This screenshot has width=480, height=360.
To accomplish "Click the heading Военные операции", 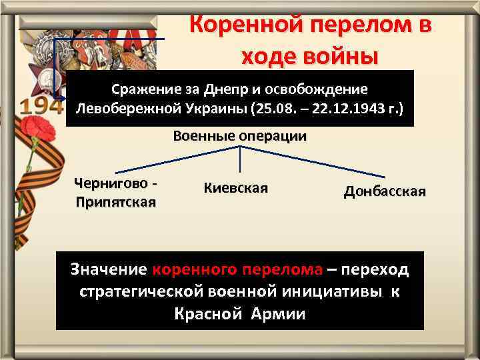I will tap(240, 137).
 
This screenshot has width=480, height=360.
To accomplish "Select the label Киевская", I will tap(236, 188).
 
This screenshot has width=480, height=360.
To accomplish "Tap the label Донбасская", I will tap(385, 192).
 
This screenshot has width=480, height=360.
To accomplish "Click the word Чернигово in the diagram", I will tap(111, 182).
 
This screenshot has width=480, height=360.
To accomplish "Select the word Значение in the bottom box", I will tap(109, 269).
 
